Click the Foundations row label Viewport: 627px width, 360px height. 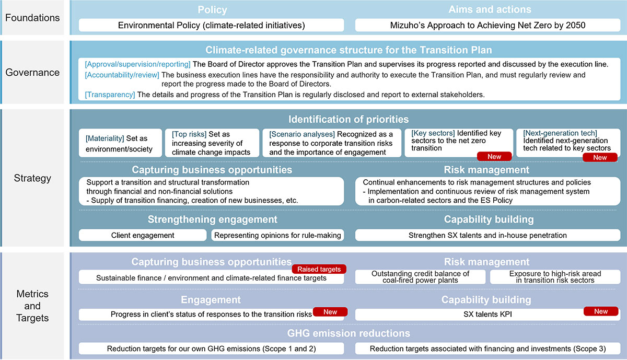tap(32, 17)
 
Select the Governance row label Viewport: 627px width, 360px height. tap(32, 73)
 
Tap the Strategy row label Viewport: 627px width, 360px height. tap(32, 178)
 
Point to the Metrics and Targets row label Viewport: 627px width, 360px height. tap(32, 306)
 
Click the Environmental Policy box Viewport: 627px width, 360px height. tap(211, 25)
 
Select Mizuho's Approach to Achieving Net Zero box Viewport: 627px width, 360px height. tap(488, 25)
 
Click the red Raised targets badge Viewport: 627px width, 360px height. tap(319, 269)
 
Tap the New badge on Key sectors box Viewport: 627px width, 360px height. tap(494, 156)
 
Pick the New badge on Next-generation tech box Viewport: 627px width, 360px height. tap(600, 157)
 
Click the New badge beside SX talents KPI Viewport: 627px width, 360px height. tap(601, 311)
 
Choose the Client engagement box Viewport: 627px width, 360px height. tap(143, 235)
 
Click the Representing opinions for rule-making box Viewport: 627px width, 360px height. tap(277, 235)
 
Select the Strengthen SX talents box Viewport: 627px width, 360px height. tap(487, 235)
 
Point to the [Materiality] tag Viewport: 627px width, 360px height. tap(105, 138)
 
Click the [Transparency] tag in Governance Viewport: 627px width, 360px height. tap(110, 95)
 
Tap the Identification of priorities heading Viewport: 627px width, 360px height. tap(349, 120)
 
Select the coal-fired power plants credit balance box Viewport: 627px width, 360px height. tap(420, 277)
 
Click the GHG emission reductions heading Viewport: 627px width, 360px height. tap(349, 333)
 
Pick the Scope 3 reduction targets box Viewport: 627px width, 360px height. tap(487, 349)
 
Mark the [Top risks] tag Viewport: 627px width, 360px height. tap(189, 134)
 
